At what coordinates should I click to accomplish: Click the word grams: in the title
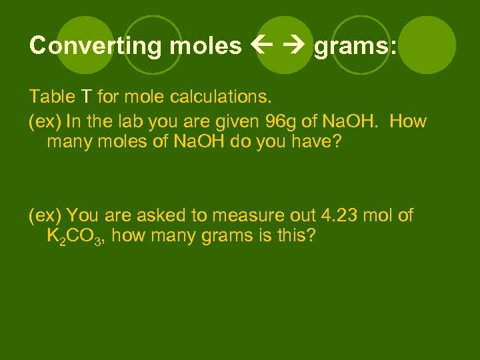pos(355,45)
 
